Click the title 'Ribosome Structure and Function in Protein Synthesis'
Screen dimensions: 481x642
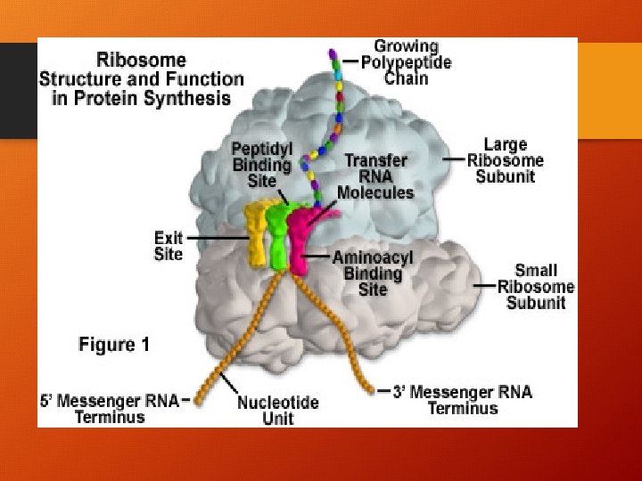(x=141, y=80)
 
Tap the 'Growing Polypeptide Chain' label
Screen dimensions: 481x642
(x=406, y=61)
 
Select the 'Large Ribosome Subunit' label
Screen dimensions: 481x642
(x=505, y=160)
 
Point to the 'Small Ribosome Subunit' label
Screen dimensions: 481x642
(x=536, y=286)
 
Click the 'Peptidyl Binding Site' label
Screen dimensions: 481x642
(x=261, y=165)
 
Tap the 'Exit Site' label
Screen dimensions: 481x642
(x=169, y=246)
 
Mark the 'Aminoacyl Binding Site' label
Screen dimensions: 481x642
(x=372, y=273)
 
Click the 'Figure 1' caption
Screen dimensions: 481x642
(x=114, y=345)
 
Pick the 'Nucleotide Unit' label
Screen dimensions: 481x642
(x=278, y=411)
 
